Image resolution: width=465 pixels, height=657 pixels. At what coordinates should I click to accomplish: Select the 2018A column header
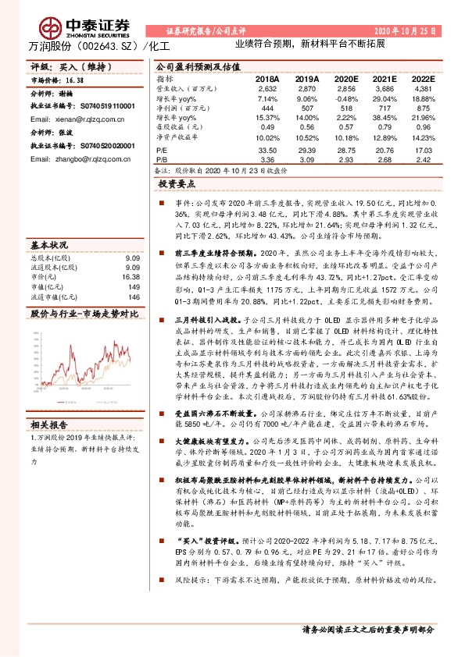click(266, 79)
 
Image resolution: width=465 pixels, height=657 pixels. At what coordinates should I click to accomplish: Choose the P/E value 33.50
click(267, 150)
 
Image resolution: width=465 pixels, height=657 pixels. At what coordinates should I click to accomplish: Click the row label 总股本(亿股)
click(49, 257)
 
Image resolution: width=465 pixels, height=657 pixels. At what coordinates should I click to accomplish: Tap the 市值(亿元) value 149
click(134, 286)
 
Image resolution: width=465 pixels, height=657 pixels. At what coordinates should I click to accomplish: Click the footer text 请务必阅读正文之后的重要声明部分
click(367, 628)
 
